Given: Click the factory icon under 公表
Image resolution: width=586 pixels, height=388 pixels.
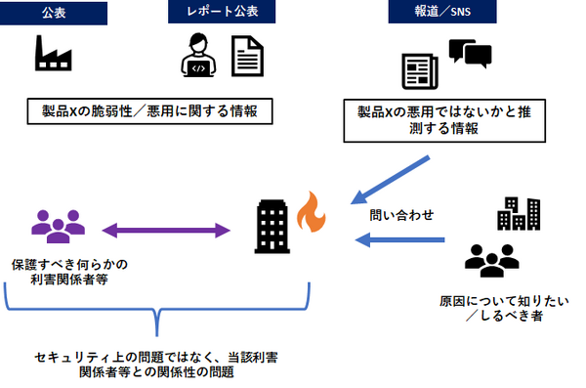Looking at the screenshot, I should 52,56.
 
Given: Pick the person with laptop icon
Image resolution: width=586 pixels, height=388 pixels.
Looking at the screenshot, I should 198,58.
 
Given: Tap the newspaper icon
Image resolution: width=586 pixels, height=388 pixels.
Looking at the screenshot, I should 421,72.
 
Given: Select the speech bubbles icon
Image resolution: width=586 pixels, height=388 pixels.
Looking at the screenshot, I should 470,53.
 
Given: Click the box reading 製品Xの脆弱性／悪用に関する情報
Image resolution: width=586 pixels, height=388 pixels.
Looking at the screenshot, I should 147,111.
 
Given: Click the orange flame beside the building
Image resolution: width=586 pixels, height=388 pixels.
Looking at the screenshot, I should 309,210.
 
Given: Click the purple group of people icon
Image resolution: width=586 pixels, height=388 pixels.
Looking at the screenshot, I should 56,227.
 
